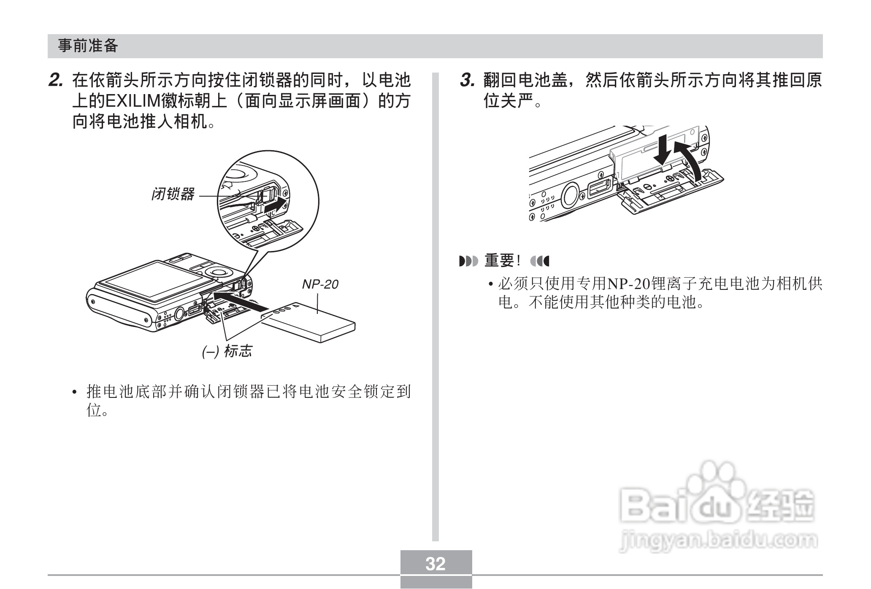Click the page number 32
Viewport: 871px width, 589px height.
point(435,564)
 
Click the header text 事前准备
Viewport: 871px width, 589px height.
point(88,46)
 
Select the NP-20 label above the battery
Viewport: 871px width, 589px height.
point(320,284)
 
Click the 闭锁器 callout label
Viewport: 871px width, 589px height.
point(173,195)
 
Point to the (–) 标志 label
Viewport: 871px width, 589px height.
point(227,351)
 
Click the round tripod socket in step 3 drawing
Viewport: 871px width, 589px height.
point(570,195)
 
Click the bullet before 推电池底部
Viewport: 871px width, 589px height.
point(75,392)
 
